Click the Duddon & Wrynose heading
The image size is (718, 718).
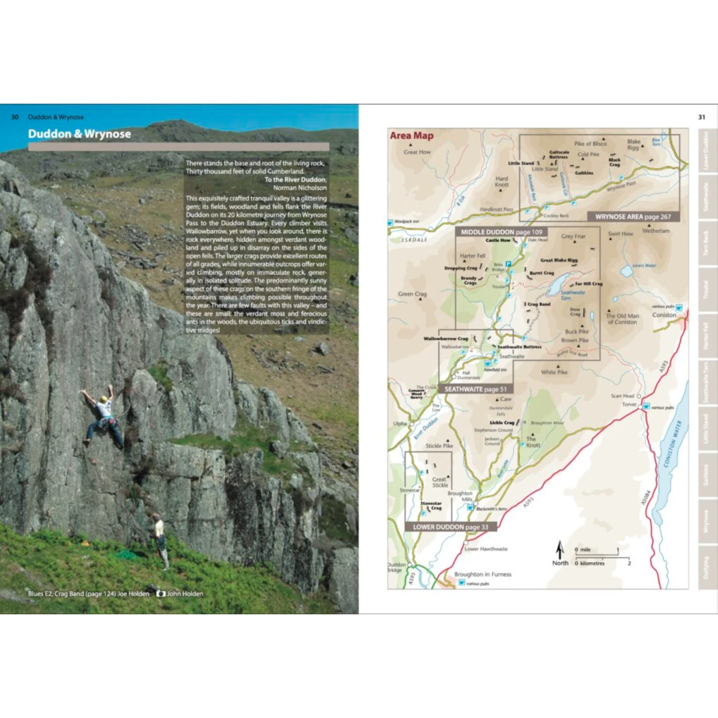point(79,134)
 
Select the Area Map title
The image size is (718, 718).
point(412,136)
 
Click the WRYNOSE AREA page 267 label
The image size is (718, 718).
point(633,217)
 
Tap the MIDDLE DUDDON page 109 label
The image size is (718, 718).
point(501,232)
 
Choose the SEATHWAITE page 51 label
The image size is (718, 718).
point(475,389)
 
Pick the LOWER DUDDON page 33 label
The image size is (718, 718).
point(450,527)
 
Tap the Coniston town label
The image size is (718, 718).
point(664,315)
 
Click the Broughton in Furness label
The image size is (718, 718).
point(482,574)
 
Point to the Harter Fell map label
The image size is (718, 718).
point(472,256)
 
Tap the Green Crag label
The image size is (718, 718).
point(412,294)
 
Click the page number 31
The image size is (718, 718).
point(702,117)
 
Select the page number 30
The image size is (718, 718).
point(15,117)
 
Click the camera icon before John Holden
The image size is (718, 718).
point(161,594)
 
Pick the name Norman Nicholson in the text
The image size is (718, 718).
point(300,188)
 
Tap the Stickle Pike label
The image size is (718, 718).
point(439,446)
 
